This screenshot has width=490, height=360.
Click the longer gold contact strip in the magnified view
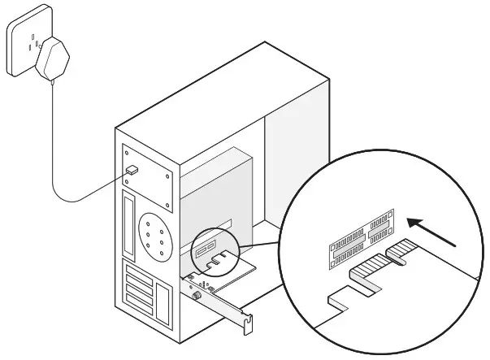click(369, 268)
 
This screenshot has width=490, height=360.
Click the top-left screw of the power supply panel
click(126, 151)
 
